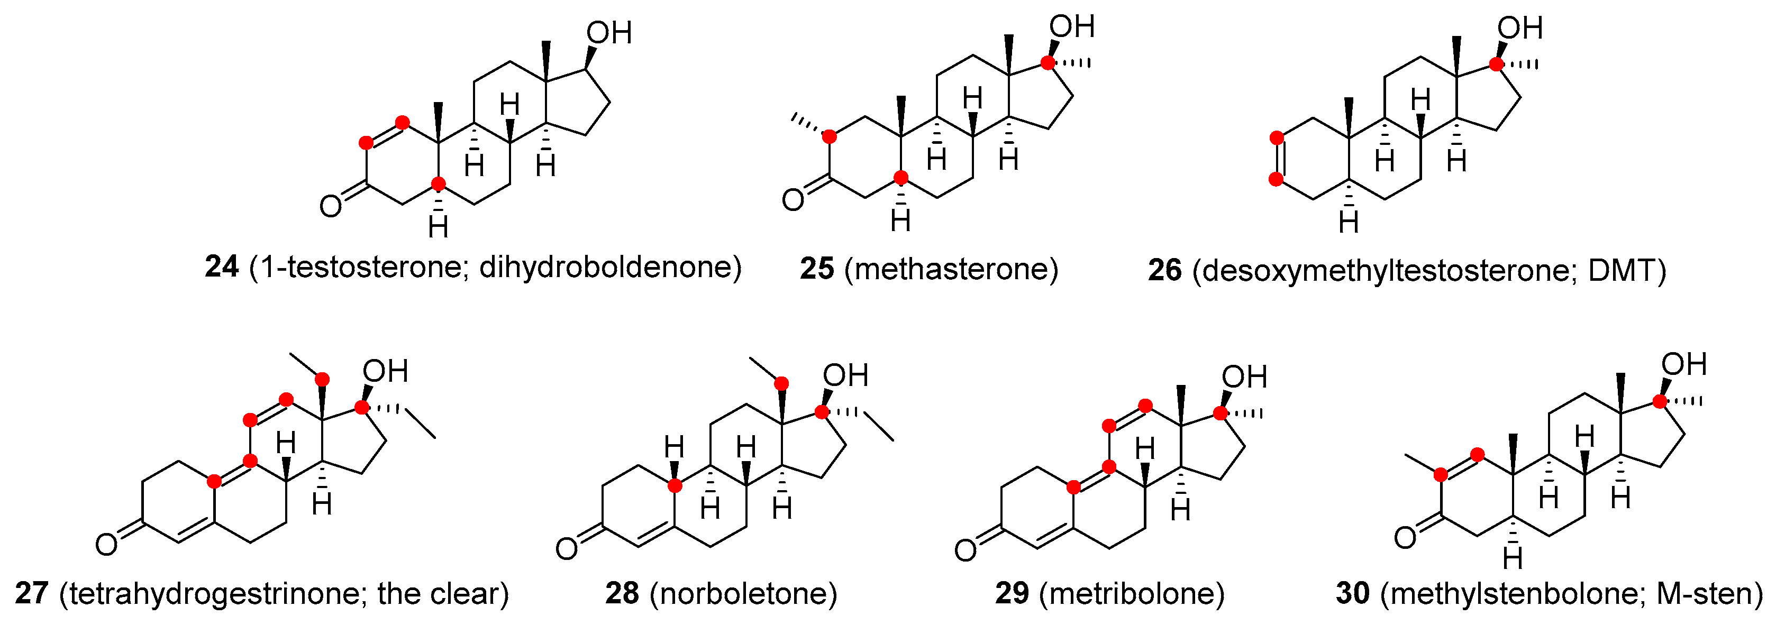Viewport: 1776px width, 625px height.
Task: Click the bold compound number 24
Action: (x=221, y=266)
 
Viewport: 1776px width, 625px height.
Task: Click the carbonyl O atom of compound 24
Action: (x=330, y=205)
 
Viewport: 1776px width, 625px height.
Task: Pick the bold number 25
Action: (x=817, y=269)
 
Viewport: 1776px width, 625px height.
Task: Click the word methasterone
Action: (x=951, y=269)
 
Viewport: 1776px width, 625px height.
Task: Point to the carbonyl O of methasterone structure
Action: (x=793, y=200)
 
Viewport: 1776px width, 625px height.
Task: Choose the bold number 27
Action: (x=32, y=593)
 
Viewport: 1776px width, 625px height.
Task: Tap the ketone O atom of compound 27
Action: (x=106, y=545)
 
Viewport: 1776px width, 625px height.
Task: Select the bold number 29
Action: (x=1012, y=593)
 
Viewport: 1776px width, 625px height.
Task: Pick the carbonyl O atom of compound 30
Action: (x=1405, y=537)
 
